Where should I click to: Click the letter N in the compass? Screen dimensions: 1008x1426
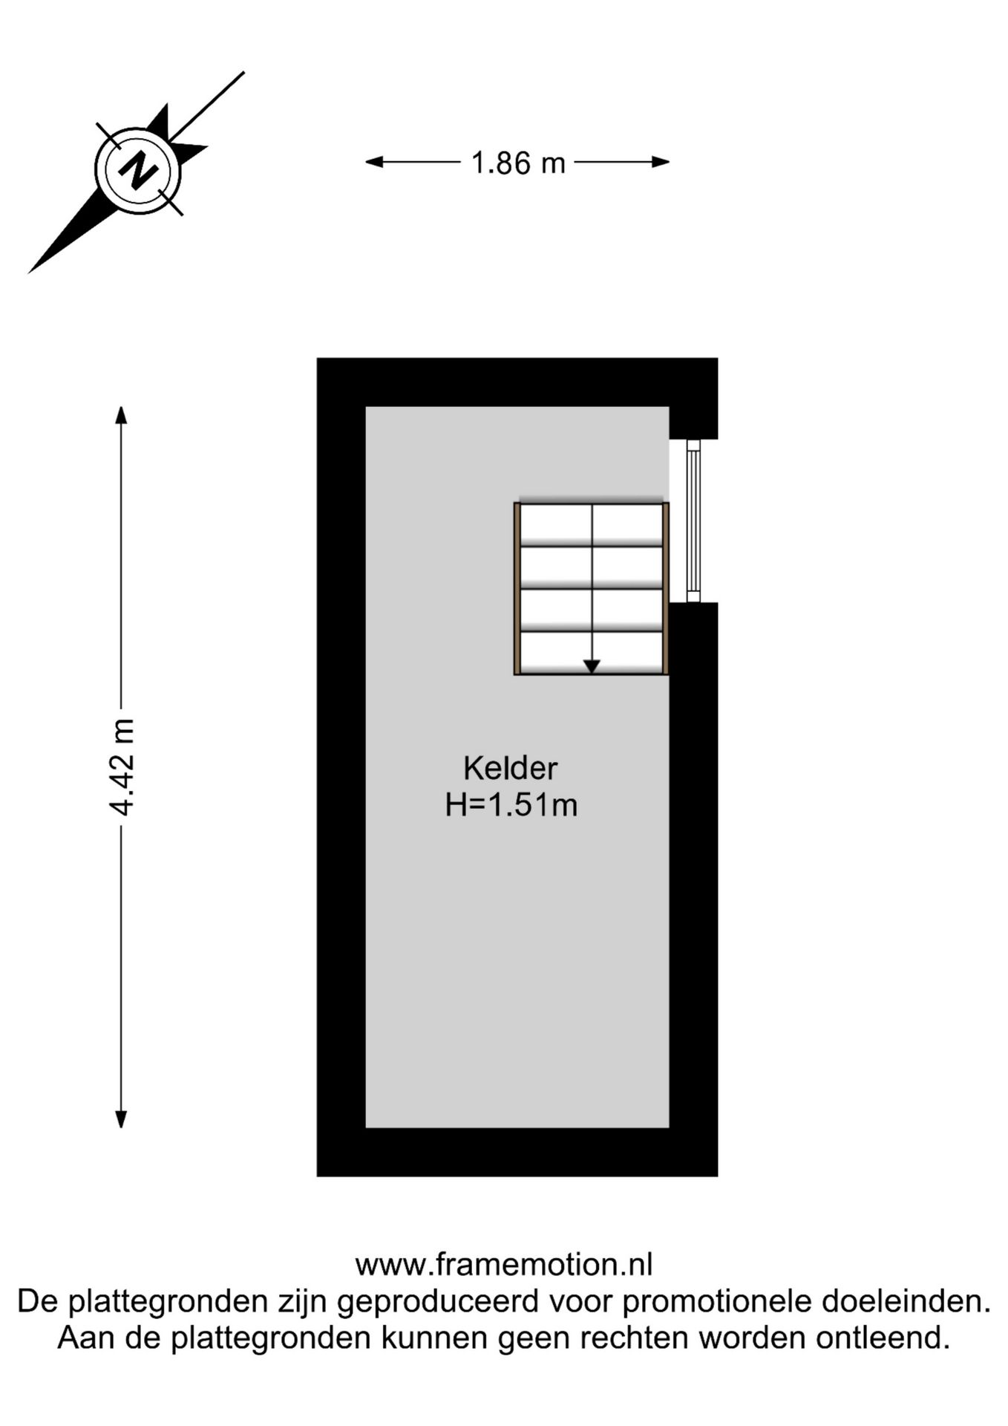coord(137,171)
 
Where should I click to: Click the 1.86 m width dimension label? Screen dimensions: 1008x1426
coord(518,163)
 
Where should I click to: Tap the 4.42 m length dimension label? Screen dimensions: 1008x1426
coord(121,766)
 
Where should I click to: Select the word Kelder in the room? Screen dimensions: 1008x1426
coord(510,769)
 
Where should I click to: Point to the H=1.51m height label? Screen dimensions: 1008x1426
coord(511,805)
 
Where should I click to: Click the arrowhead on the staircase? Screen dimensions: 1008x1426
coord(591,666)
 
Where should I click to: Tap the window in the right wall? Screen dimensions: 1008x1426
coord(693,521)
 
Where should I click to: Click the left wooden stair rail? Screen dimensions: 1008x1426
coord(517,588)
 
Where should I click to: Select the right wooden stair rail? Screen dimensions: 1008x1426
coord(666,588)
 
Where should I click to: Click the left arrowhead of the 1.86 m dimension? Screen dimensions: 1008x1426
coord(374,162)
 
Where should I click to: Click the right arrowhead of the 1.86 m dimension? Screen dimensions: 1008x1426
coord(661,162)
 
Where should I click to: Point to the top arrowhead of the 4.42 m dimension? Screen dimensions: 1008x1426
coord(121,414)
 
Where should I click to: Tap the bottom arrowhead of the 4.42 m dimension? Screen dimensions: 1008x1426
coord(121,1119)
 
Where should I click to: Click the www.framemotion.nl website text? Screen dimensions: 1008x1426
coord(504,1265)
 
